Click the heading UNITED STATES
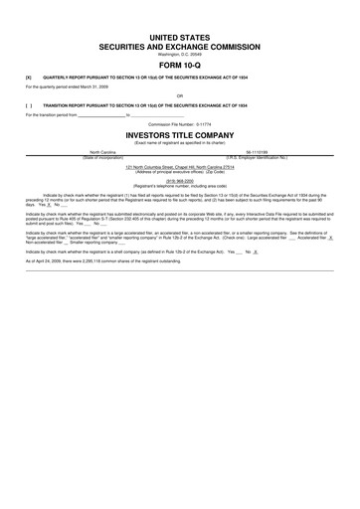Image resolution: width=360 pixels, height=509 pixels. pyautogui.click(x=180, y=36)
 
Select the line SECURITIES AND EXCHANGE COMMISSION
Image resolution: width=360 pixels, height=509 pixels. pyautogui.click(x=180, y=46)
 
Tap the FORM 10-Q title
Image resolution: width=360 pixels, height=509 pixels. pyautogui.click(x=180, y=66)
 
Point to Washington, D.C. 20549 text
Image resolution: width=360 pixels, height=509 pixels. pyautogui.click(x=180, y=54)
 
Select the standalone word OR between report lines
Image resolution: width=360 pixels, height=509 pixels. pyautogui.click(x=180, y=95)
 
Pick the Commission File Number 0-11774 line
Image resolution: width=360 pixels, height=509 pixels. pyautogui.click(x=180, y=123)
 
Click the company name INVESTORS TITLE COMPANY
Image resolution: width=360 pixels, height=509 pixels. pyautogui.click(x=180, y=133)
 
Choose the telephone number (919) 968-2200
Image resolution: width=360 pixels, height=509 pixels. pyautogui.click(x=180, y=181)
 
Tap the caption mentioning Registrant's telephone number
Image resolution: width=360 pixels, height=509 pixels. pyautogui.click(x=180, y=186)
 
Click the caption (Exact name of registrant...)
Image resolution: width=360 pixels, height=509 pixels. pyautogui.click(x=180, y=142)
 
